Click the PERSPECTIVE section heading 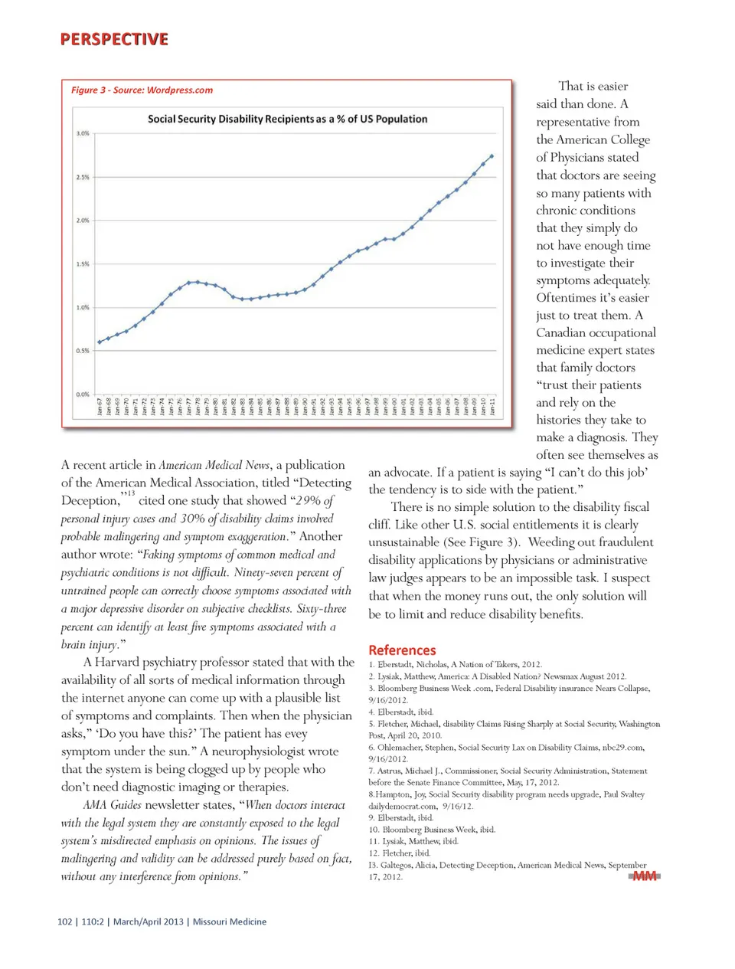coord(114,39)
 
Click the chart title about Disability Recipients coord(287,119)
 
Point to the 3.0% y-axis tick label coord(83,133)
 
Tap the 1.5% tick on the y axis coord(83,264)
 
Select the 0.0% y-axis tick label coord(83,394)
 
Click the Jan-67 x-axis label coord(100,406)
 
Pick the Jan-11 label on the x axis coord(492,406)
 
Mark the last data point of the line coord(492,156)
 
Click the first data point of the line coord(100,342)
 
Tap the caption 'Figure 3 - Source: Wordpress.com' coord(142,90)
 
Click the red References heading coord(402,650)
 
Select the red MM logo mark coord(645,876)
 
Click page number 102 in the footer coord(64,922)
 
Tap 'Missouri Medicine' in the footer coord(230,922)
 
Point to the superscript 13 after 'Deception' coord(130,493)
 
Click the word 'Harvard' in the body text coord(119,662)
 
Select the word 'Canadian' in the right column coord(563,332)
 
